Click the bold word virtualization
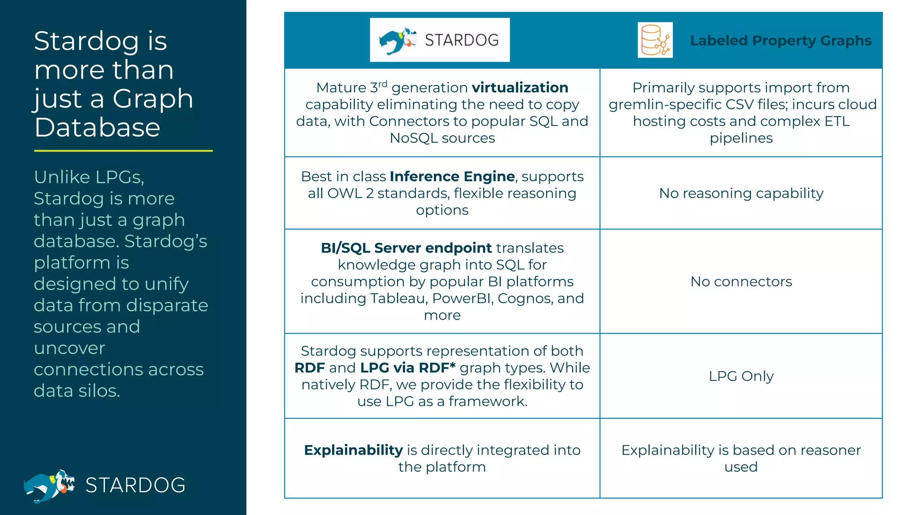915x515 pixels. point(520,88)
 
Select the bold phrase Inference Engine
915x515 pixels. point(452,177)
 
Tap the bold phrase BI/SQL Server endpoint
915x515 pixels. point(406,248)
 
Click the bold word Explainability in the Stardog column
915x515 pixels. point(353,450)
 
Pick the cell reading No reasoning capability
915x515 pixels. point(741,193)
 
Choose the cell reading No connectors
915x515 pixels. point(741,282)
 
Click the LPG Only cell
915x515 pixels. point(741,376)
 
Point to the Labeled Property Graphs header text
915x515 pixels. point(781,41)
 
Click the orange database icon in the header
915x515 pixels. point(655,40)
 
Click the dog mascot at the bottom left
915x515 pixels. point(49,485)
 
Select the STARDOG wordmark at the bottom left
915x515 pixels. point(135,485)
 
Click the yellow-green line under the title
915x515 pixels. point(123,151)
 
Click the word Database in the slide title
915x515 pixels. point(97,128)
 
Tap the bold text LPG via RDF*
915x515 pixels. point(407,368)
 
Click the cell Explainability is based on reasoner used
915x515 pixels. point(741,458)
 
